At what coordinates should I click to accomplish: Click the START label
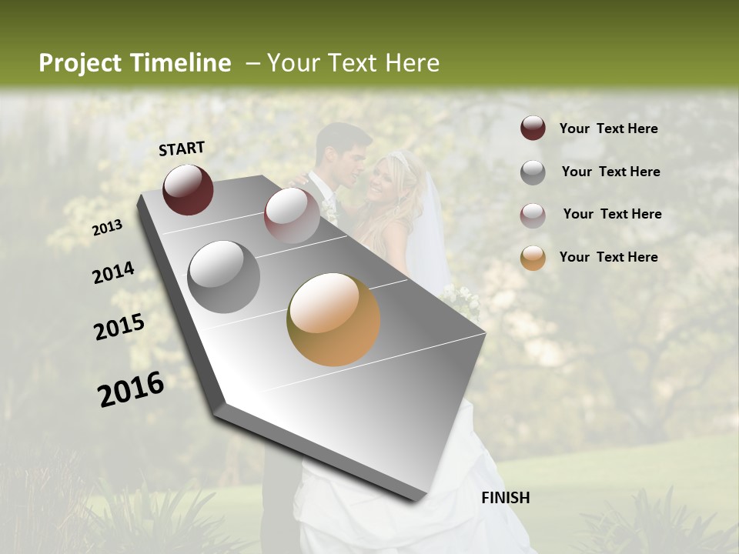pos(182,149)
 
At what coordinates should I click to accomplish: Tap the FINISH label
pos(505,498)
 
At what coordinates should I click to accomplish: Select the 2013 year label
pos(107,228)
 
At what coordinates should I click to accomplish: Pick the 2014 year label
pos(113,272)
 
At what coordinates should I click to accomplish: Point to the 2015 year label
pos(119,327)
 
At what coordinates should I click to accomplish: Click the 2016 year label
pos(131,389)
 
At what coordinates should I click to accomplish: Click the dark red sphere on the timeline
pos(188,189)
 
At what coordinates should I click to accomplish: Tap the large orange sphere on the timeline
pos(333,319)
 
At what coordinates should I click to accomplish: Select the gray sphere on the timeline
pos(223,276)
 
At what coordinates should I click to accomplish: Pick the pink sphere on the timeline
pos(292,215)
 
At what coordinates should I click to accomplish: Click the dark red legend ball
pos(533,128)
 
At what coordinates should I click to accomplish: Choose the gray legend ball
pos(533,172)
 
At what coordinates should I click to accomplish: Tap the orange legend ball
pos(533,258)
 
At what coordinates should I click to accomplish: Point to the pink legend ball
pos(533,215)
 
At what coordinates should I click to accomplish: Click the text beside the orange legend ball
pos(608,257)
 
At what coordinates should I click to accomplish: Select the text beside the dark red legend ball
pos(608,128)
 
